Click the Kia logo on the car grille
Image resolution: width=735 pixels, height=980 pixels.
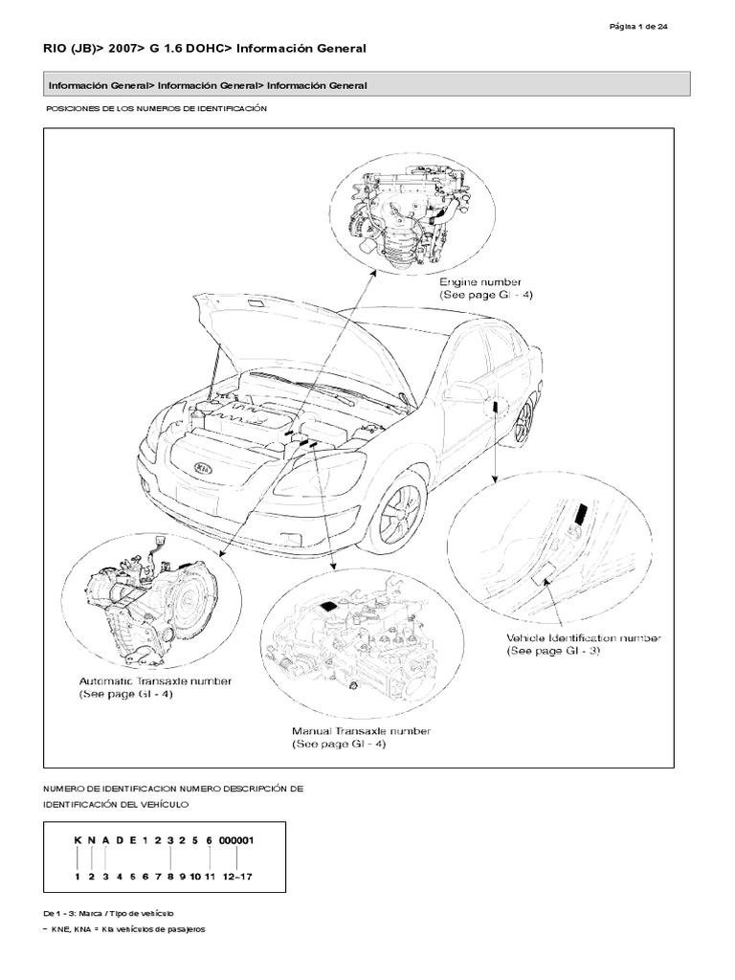pyautogui.click(x=204, y=469)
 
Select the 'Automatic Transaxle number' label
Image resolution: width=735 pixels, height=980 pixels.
pyautogui.click(x=154, y=681)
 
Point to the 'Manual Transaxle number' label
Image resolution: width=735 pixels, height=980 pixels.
pyautogui.click(x=361, y=732)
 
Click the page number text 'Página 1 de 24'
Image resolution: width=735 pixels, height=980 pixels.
pyautogui.click(x=638, y=26)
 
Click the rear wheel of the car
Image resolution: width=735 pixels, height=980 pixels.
pyautogui.click(x=523, y=421)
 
